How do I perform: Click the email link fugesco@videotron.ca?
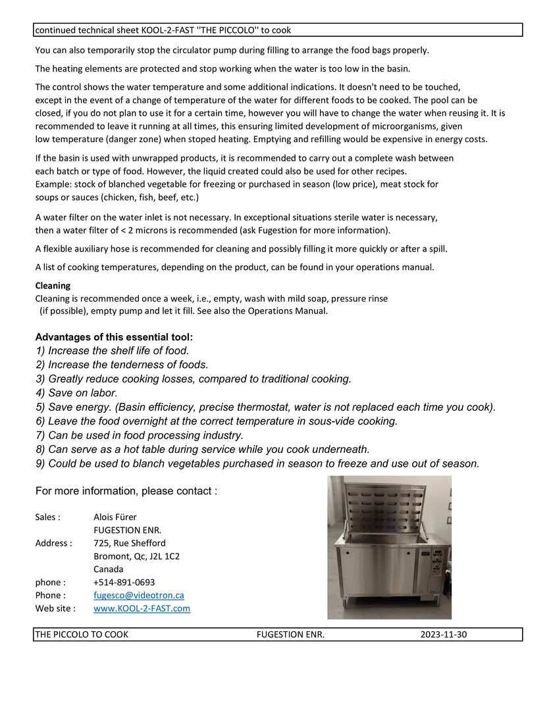point(139,595)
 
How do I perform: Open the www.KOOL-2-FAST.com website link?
point(142,608)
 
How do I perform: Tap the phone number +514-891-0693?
point(124,582)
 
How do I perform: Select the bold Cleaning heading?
point(53,286)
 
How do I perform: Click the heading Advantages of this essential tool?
point(114,337)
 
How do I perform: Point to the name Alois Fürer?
point(115,517)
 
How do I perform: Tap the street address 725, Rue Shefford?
point(130,543)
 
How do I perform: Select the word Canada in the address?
point(109,569)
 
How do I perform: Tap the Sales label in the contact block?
point(47,517)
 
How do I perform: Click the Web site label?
point(55,608)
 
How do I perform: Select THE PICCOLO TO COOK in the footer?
point(82,635)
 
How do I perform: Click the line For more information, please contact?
point(126,491)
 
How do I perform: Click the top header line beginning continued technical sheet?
point(163,30)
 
